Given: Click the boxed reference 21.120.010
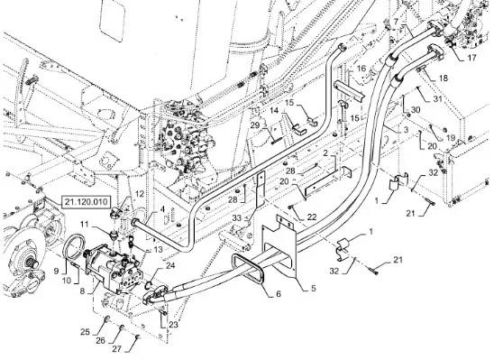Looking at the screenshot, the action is point(86,202).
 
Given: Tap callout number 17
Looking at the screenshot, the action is point(471,58).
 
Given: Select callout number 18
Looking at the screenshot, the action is point(443,78).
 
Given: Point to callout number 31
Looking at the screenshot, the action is point(437,99).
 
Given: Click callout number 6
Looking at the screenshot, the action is point(279,293).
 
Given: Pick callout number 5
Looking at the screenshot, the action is point(313,288).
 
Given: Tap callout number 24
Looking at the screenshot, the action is point(170,265).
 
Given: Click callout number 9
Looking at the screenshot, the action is point(56,272).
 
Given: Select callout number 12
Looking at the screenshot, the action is point(140,194).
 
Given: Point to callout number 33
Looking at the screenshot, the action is point(237,218).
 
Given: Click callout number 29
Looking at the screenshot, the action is point(255,125).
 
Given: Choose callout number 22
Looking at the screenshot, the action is point(312,217).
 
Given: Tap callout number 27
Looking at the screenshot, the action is point(117,348).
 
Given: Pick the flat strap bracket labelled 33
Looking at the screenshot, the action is point(261,190).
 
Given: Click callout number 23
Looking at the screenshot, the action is point(173,325).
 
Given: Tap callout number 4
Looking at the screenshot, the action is point(162,209).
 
